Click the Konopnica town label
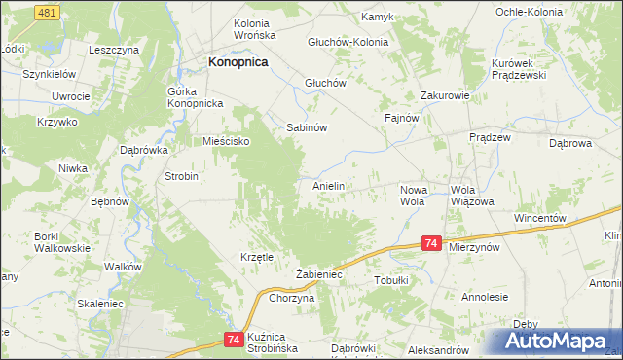tap(238, 61)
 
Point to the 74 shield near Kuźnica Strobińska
tap(232, 339)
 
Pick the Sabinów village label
tap(305, 127)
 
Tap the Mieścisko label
tap(227, 141)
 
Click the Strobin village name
tap(181, 177)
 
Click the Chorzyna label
tap(291, 299)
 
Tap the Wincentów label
tap(539, 218)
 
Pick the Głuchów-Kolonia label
tap(348, 42)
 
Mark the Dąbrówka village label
tap(144, 151)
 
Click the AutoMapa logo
tap(553, 341)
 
